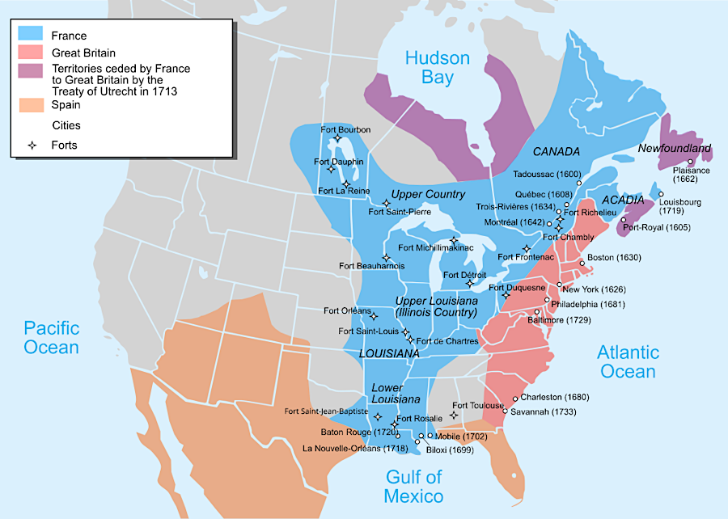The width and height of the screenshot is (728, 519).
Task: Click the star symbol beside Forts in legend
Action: coord(32,146)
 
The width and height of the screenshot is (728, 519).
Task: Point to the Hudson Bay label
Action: coord(437,68)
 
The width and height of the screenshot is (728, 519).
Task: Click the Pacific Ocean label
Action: coord(51,338)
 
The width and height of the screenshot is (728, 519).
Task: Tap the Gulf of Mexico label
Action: coord(413,486)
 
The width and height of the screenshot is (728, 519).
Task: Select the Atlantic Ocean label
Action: coord(628,361)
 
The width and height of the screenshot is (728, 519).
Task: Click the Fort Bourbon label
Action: coord(345,130)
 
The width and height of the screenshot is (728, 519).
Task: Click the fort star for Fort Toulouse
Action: coord(453,416)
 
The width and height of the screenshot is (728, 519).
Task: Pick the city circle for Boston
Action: coord(582,264)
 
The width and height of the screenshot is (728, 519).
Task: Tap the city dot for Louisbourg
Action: coord(660,194)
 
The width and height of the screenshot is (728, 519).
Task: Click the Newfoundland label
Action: coord(674,149)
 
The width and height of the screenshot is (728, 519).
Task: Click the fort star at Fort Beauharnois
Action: coord(387,257)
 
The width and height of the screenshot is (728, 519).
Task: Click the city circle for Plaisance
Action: coord(690,162)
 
